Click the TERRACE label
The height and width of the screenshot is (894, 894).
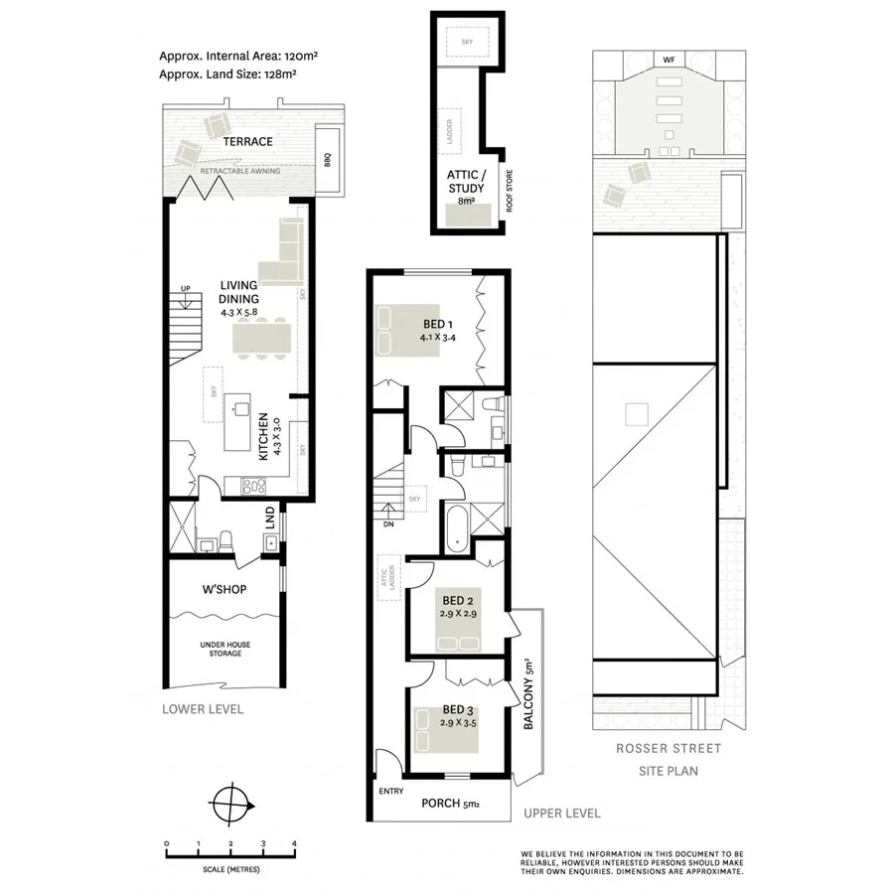[247, 142]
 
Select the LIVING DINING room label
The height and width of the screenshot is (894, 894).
[238, 292]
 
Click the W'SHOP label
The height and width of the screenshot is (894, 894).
[224, 589]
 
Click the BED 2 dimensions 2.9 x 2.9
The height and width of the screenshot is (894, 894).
[458, 615]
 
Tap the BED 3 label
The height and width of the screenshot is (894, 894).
[458, 709]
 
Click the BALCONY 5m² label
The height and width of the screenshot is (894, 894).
[528, 695]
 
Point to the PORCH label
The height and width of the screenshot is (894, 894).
[440, 804]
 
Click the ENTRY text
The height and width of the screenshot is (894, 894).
[390, 792]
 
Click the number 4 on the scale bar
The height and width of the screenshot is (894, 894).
[294, 843]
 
